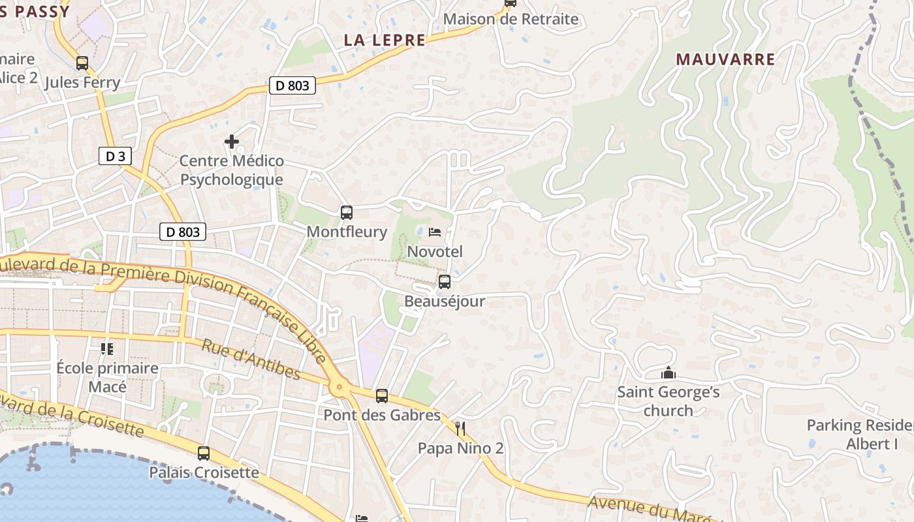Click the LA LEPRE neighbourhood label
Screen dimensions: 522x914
[385, 40]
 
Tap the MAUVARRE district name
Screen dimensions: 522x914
[725, 59]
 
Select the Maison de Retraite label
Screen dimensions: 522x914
[511, 19]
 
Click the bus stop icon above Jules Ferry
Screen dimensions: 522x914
[82, 63]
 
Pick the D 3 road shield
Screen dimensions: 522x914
[116, 156]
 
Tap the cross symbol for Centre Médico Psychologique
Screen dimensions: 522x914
[231, 141]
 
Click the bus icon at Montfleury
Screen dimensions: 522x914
[347, 212]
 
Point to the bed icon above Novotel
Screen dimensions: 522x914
[435, 232]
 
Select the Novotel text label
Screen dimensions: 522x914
[435, 251]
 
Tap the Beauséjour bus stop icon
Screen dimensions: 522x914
[445, 282]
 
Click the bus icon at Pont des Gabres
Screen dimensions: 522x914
[382, 395]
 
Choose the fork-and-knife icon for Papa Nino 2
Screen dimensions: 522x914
[461, 429]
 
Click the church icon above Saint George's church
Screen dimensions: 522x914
[668, 373]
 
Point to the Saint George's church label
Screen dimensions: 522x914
[669, 401]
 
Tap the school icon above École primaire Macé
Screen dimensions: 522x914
[107, 348]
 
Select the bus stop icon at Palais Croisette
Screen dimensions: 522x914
[204, 453]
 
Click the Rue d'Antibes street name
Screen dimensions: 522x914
[251, 359]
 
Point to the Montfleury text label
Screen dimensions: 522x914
[347, 232]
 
